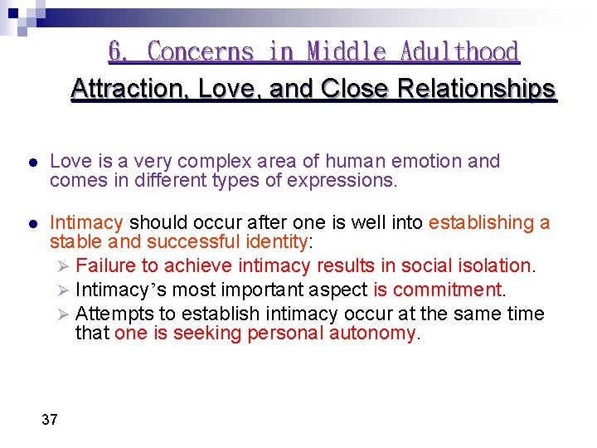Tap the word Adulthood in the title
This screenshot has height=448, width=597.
click(459, 51)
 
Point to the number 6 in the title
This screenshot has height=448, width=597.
click(117, 51)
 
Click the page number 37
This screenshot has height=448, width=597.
click(50, 420)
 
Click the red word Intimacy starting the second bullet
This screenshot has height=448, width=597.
click(86, 222)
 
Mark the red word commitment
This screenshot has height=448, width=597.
click(448, 290)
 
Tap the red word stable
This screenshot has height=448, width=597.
click(71, 241)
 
